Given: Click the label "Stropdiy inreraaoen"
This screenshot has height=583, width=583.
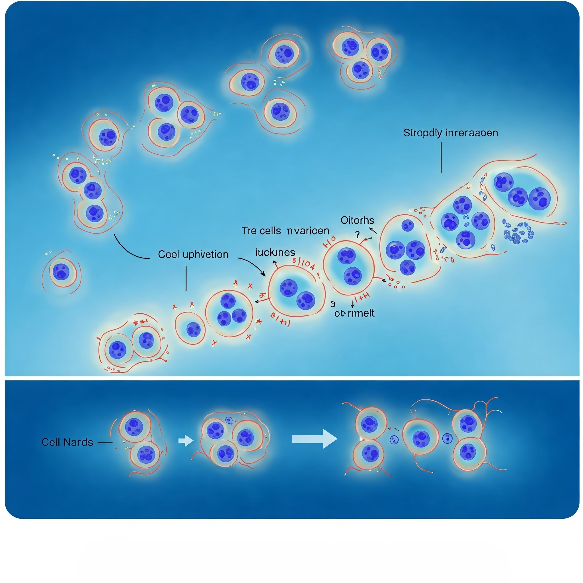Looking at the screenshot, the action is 451,133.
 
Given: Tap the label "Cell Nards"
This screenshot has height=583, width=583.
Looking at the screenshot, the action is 67,442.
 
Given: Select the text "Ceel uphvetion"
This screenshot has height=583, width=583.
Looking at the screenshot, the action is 193,255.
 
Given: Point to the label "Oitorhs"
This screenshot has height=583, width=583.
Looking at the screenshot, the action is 357,221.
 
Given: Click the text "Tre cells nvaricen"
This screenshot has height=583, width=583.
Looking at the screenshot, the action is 285,231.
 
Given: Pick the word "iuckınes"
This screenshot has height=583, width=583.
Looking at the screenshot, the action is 275,252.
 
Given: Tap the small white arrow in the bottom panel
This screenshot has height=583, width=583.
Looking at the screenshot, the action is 185,441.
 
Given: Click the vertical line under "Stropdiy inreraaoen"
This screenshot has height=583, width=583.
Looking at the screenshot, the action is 441,157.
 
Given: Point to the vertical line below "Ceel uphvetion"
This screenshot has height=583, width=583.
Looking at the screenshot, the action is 186,278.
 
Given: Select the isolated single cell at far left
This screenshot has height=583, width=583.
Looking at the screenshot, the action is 61,272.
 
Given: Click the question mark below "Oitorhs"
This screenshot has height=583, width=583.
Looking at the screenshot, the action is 357,234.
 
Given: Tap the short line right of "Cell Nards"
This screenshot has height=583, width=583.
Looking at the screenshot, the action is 105,443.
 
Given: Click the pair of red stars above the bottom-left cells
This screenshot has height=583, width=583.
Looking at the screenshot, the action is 140,322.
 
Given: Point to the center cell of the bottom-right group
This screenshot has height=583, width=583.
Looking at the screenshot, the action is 421,437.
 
